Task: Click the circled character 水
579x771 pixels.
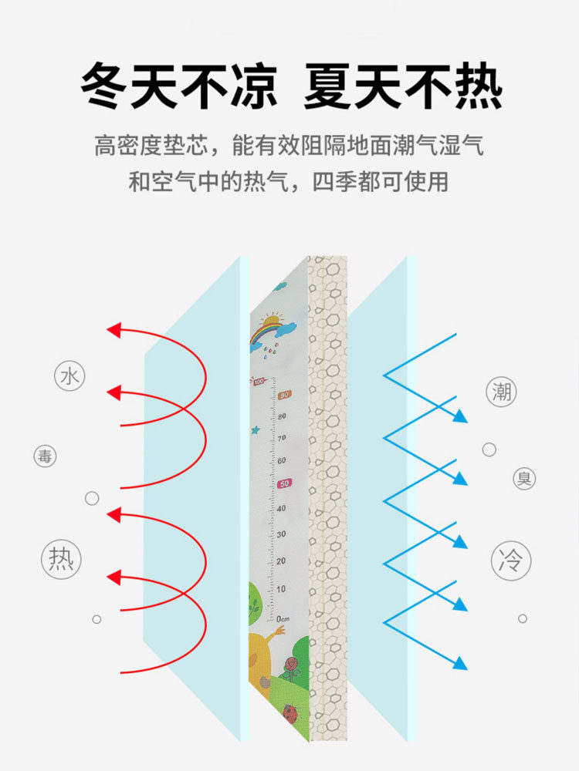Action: click(x=70, y=377)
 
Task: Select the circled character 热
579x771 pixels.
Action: click(x=61, y=557)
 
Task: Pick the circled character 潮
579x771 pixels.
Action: click(x=502, y=392)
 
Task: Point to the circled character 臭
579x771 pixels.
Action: click(x=524, y=479)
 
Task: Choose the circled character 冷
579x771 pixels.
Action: click(x=510, y=559)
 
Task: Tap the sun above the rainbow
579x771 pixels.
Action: click(x=271, y=318)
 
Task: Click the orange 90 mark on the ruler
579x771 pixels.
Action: click(x=284, y=395)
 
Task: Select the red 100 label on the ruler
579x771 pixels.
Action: click(x=258, y=381)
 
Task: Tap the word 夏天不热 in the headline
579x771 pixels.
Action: click(x=402, y=86)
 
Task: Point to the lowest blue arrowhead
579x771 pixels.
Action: click(x=461, y=663)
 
